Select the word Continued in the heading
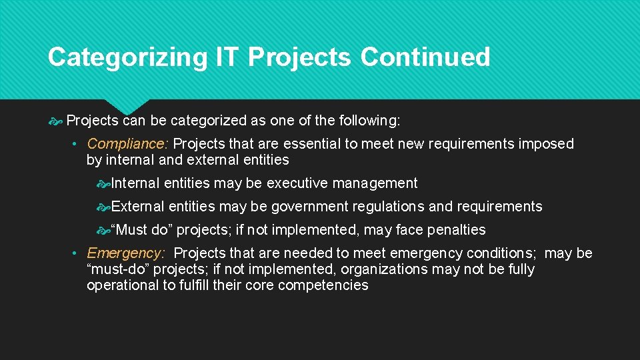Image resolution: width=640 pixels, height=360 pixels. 425,58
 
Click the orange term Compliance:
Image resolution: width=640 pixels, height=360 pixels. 128,144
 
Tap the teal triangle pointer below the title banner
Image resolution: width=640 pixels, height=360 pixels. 127,106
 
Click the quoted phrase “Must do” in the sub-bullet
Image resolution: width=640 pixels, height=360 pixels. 141,230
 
